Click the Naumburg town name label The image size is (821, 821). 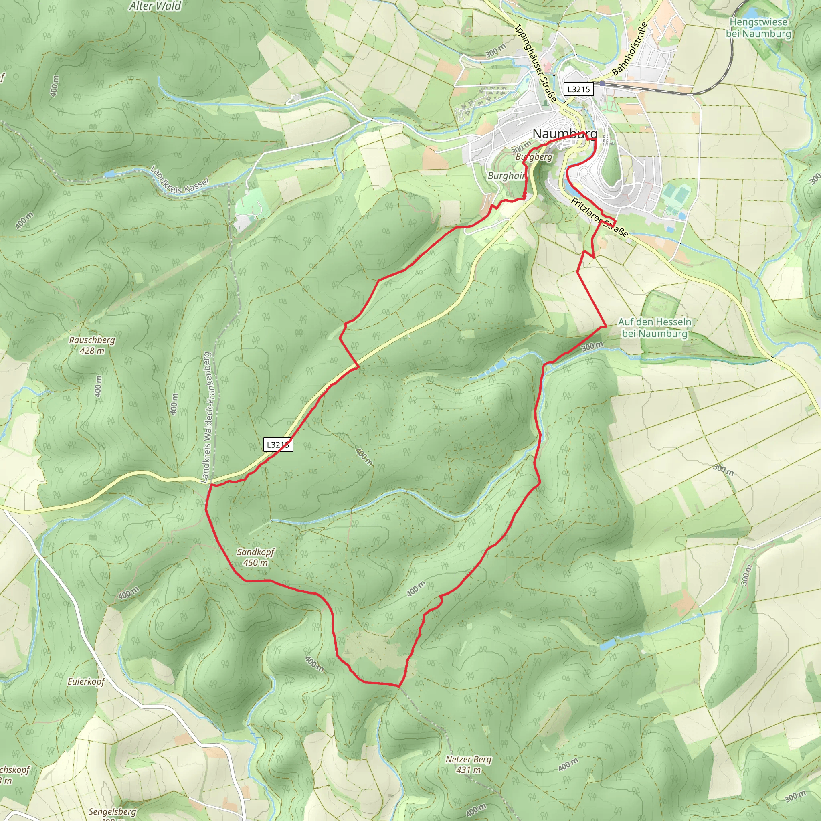[x=564, y=133]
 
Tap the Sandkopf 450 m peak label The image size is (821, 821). [x=255, y=557]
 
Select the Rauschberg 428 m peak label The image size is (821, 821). [x=92, y=345]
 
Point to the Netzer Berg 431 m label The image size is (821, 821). [x=468, y=764]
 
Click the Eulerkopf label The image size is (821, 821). [x=86, y=681]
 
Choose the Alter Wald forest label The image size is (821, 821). [x=155, y=6]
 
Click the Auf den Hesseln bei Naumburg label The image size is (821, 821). [x=654, y=328]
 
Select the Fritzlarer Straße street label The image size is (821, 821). [x=599, y=217]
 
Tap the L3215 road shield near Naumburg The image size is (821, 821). [x=578, y=89]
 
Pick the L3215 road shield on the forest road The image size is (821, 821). [x=278, y=445]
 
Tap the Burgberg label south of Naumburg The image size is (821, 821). [x=534, y=156]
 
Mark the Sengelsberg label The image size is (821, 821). [x=112, y=812]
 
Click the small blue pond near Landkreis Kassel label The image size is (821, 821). [x=109, y=174]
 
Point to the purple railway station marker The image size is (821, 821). [x=602, y=84]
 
